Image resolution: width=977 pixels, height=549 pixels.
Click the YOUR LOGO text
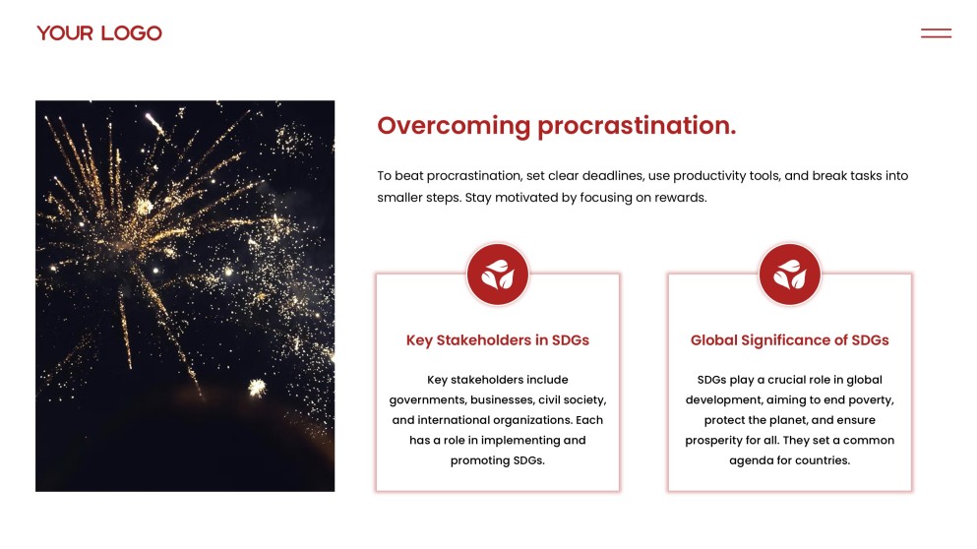coord(99,33)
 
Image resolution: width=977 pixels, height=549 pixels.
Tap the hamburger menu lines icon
coord(936,33)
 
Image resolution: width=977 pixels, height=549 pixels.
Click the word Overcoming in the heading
coord(454,126)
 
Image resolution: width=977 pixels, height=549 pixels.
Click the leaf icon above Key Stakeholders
coord(498,274)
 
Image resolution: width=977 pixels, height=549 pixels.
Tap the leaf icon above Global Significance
coord(789,274)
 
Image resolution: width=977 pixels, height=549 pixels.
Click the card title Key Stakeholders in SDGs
coord(498,340)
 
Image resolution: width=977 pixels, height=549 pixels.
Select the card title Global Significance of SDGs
coord(789,340)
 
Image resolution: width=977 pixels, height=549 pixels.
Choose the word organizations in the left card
coord(532,420)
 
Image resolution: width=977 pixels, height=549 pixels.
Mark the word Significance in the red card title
coord(786,340)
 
